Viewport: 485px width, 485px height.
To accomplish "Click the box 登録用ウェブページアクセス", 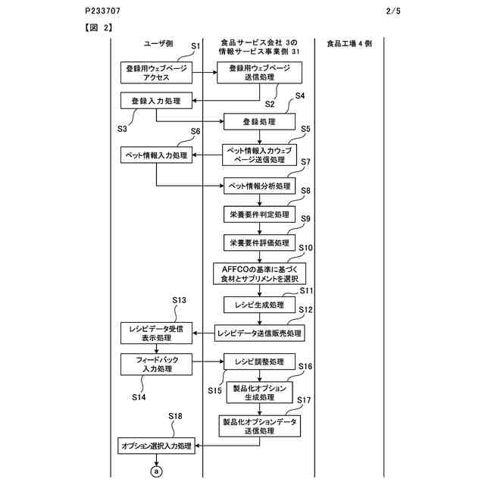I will (157, 72).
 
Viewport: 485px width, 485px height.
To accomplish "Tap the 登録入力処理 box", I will (156, 100).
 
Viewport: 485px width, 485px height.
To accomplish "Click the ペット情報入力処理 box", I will (157, 155).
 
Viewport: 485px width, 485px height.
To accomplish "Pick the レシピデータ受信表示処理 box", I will (157, 332).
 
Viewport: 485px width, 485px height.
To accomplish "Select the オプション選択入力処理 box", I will (157, 446).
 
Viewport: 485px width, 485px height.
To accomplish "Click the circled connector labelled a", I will (157, 471).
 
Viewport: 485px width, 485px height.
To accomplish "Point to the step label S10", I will (306, 247).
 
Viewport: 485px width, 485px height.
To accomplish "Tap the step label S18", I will (176, 416).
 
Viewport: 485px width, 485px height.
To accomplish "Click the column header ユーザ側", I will (157, 43).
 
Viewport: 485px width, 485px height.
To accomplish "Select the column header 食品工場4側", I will (349, 43).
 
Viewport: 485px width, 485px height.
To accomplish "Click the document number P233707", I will (103, 11).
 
